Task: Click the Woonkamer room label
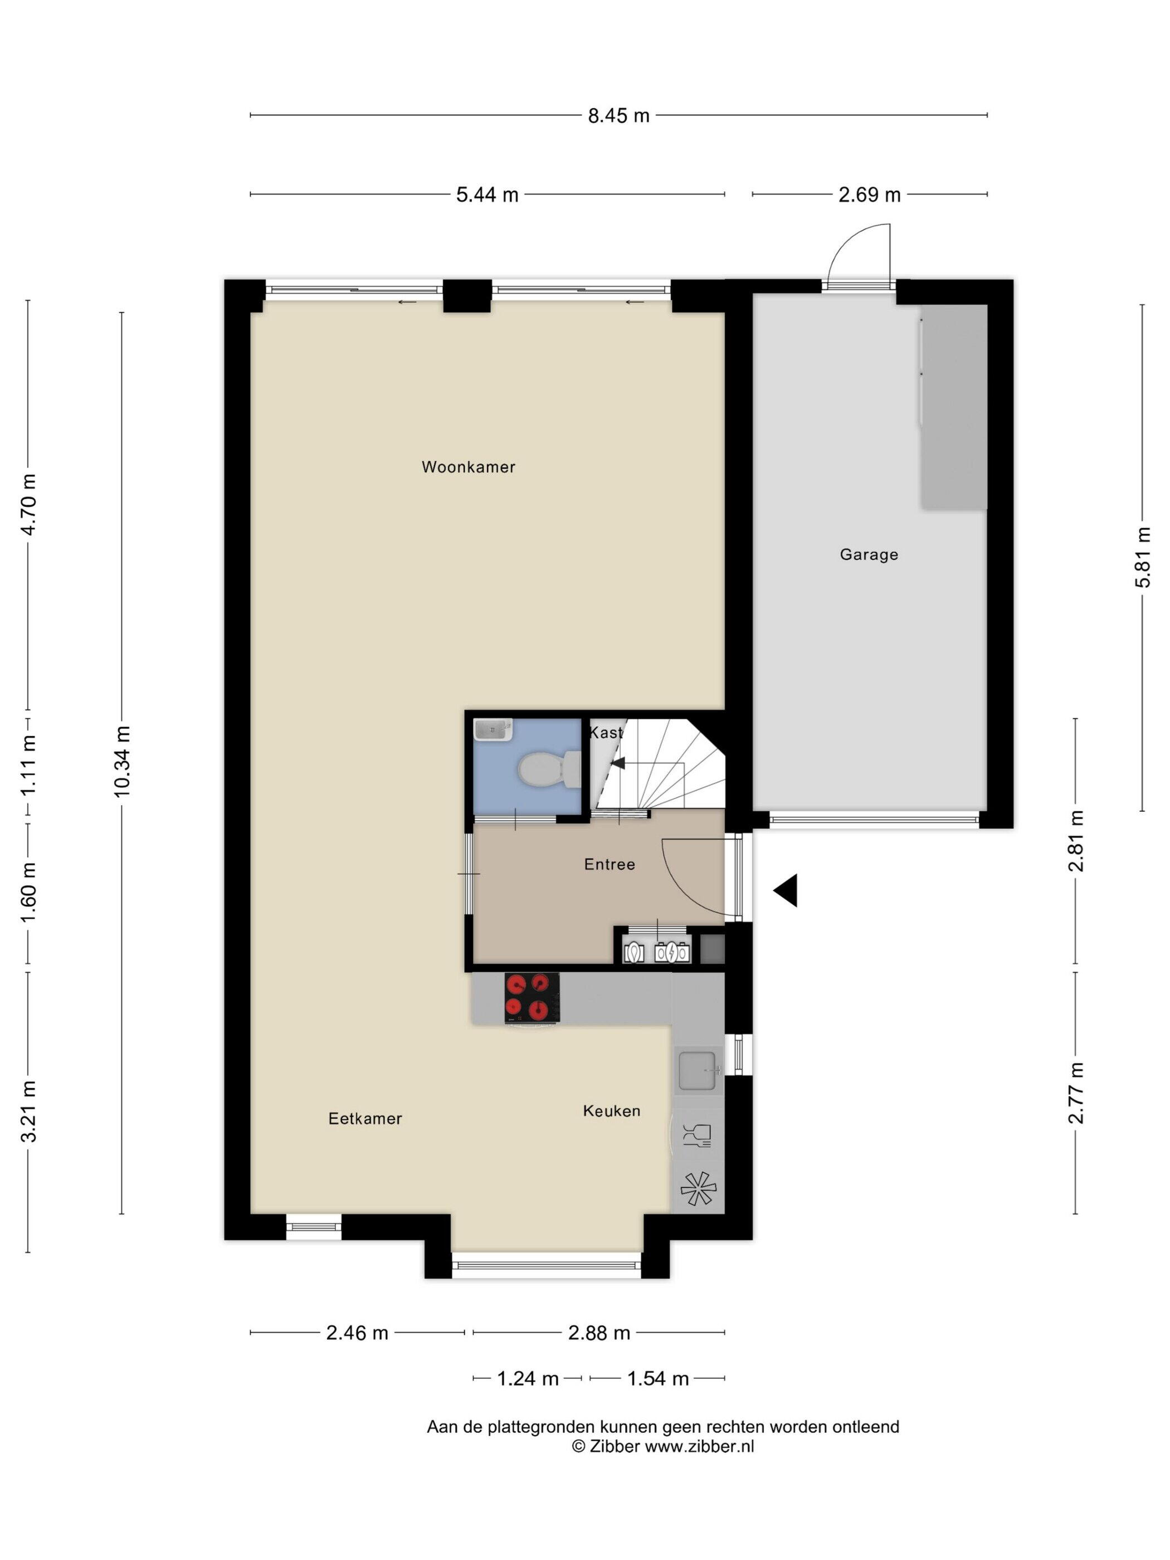(469, 467)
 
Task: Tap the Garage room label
(869, 554)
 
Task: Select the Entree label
(610, 864)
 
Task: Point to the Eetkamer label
(365, 1119)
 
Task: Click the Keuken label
(611, 1111)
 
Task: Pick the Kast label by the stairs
(606, 733)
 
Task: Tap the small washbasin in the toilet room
(493, 729)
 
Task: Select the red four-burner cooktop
(532, 997)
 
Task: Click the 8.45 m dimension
(618, 116)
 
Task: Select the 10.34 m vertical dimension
(123, 762)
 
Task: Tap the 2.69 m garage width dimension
(870, 194)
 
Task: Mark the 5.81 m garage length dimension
(1143, 557)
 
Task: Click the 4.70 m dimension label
(28, 505)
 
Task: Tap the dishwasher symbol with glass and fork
(697, 1136)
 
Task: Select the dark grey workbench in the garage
(953, 406)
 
